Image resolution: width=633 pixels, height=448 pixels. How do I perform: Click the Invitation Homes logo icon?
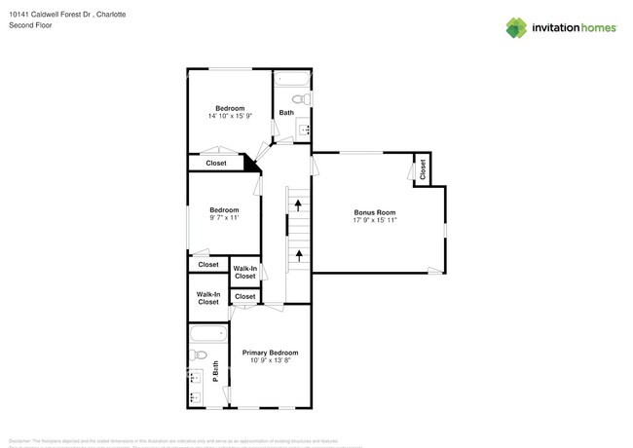coord(516,27)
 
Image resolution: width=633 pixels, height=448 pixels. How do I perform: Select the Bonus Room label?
coord(374,211)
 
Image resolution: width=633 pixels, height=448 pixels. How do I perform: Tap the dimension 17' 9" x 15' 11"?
coord(374,220)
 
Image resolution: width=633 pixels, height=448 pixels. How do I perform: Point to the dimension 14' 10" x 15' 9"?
coord(230,116)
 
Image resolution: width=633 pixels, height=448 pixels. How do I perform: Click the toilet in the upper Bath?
coord(302,99)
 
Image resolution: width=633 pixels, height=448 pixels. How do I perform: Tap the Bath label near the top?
coord(286,113)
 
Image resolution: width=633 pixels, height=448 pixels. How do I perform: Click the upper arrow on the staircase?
coord(298,205)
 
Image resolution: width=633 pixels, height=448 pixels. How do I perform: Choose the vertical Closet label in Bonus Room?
coord(423,169)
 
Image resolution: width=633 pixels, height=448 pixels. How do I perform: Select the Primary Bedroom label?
coord(270,353)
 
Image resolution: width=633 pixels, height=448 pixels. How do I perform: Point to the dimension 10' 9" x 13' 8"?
coord(270,360)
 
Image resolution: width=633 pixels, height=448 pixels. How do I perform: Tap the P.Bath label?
coord(215,371)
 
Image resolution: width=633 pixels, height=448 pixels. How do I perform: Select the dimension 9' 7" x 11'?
coord(224,218)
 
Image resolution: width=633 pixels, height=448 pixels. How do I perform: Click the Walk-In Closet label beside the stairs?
coord(245,272)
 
